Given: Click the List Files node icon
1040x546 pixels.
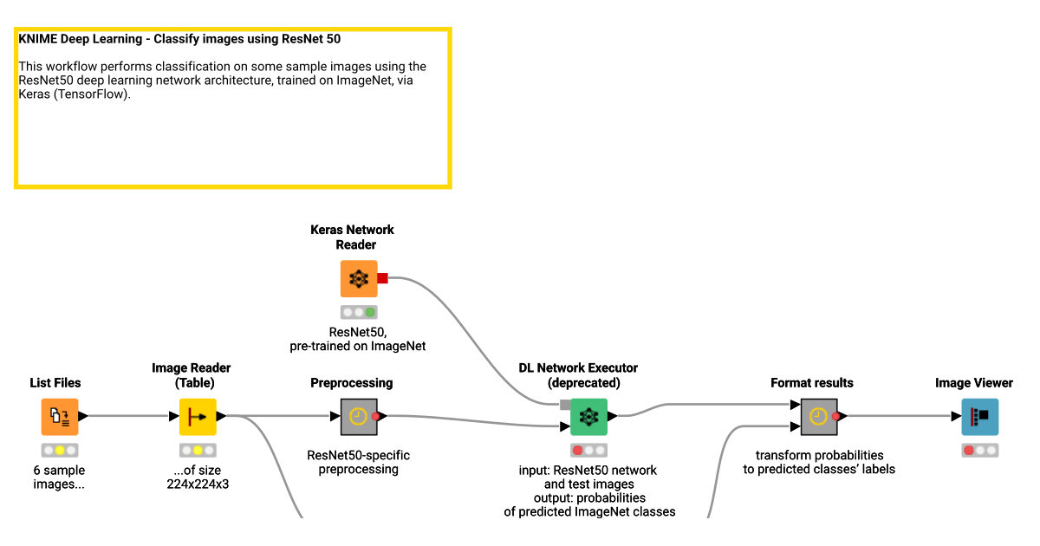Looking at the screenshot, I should pyautogui.click(x=60, y=416).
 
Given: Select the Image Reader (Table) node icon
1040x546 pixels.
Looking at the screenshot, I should pyautogui.click(x=198, y=416).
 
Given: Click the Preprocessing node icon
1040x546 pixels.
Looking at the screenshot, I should pyautogui.click(x=358, y=416).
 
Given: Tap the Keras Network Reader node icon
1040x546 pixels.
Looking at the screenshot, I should pyautogui.click(x=358, y=278).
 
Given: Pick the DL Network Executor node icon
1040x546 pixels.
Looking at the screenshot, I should pyautogui.click(x=588, y=416).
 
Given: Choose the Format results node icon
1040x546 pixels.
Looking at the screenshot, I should pyautogui.click(x=818, y=416).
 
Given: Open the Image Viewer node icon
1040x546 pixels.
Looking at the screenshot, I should pyautogui.click(x=979, y=416).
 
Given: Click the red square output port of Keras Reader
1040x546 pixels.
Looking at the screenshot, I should pyautogui.click(x=382, y=278).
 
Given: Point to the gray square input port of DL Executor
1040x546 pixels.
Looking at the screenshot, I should pyautogui.click(x=565, y=404).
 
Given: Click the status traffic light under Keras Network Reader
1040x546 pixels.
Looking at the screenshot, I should pyautogui.click(x=358, y=312).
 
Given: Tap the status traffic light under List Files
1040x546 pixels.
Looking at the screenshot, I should pyautogui.click(x=60, y=450).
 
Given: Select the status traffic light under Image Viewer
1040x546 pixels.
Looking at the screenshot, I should pyautogui.click(x=979, y=450).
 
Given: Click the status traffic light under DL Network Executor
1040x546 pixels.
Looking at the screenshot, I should pyautogui.click(x=588, y=450).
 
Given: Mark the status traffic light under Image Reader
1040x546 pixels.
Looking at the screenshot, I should pyautogui.click(x=198, y=450).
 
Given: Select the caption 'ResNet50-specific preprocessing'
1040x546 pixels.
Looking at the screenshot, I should pyautogui.click(x=358, y=462).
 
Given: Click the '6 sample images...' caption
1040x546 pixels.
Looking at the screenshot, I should pyautogui.click(x=59, y=478).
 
